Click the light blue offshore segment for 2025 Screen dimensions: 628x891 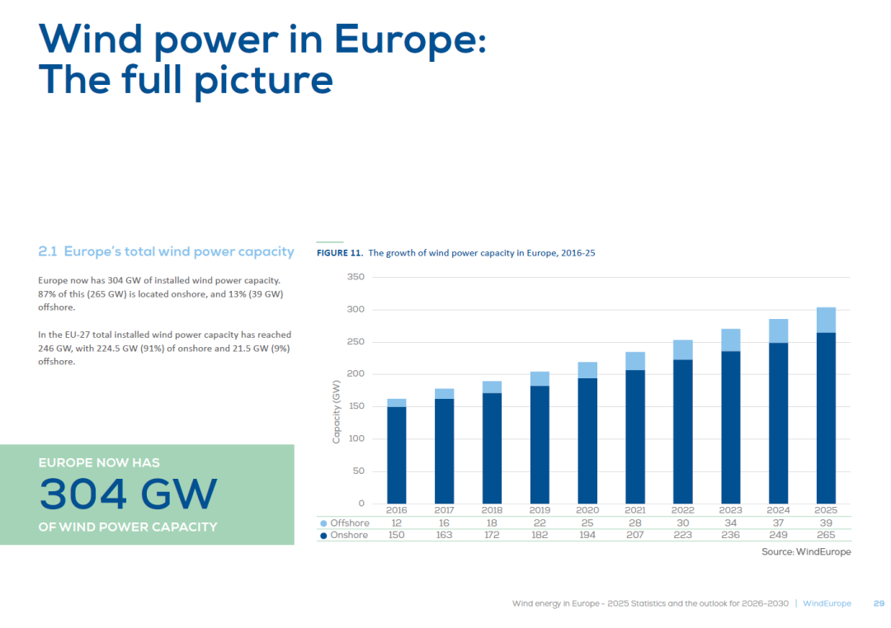coord(826,320)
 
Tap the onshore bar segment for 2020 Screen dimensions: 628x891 coord(587,441)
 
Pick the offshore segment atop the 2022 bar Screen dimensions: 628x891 coord(682,349)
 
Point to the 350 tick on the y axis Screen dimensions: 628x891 coord(355,278)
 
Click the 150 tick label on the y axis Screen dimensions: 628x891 coord(355,406)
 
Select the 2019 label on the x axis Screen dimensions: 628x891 coord(540,510)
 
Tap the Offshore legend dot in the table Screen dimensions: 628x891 coord(323,523)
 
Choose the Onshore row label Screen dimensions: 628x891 coord(349,535)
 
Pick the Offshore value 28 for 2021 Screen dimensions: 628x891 coord(634,523)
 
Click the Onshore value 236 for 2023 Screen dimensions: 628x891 coord(730,535)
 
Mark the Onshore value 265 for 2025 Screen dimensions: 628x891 coord(826,535)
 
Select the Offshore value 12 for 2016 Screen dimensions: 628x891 coord(396,523)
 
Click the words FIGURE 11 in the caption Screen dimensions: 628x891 coord(339,253)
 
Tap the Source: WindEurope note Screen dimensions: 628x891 coord(806,551)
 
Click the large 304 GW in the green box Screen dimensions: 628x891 coord(128,494)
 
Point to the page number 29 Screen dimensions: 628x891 coord(879,603)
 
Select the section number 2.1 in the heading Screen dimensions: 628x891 coord(48,251)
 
